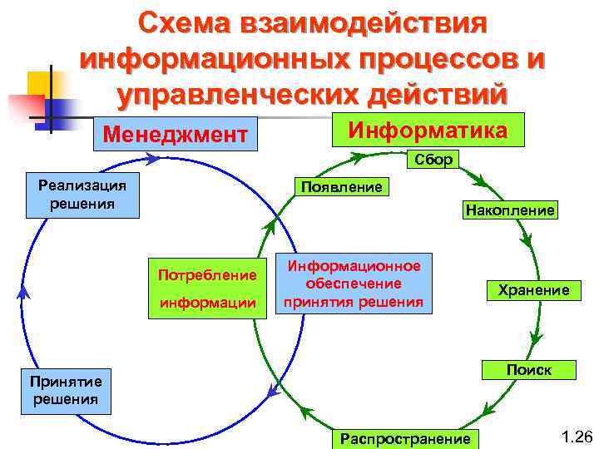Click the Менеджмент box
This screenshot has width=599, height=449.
[x=175, y=133]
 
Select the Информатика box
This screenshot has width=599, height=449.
[x=428, y=131]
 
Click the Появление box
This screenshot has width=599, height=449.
[x=341, y=186]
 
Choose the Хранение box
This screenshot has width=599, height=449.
[x=533, y=290]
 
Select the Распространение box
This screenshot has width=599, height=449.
[x=404, y=438]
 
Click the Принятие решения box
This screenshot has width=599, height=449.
[x=66, y=390]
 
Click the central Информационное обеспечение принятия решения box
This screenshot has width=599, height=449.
[x=354, y=283]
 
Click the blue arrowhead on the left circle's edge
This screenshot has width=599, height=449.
[x=23, y=291]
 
